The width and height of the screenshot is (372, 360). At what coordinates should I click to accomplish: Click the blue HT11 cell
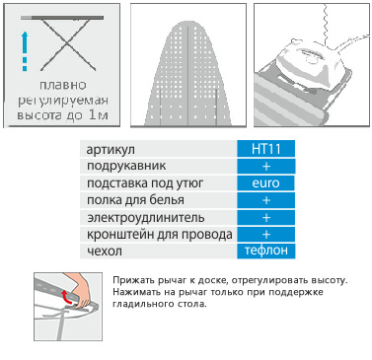click(265, 149)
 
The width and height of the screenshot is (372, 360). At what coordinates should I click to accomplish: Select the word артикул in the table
click(111, 149)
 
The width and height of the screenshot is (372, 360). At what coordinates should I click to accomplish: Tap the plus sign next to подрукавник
click(266, 167)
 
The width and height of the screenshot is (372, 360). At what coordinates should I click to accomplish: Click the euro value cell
click(265, 183)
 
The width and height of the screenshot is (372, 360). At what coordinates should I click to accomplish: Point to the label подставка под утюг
click(145, 183)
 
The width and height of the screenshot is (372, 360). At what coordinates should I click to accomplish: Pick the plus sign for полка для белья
click(266, 200)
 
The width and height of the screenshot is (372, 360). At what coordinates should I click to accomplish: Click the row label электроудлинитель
click(146, 218)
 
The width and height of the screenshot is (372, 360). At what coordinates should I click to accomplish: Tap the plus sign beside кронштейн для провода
click(266, 235)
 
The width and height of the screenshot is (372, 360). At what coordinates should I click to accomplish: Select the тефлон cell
click(265, 251)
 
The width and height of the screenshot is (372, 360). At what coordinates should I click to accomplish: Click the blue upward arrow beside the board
click(25, 51)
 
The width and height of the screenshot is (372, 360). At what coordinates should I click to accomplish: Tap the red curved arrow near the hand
click(67, 298)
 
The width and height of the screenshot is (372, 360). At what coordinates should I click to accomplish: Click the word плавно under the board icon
click(63, 85)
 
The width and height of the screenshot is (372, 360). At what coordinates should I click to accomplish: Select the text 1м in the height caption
click(99, 115)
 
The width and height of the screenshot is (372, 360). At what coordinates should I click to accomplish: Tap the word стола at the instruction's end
click(193, 303)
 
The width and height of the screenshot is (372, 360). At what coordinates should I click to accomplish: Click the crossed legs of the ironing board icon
click(67, 44)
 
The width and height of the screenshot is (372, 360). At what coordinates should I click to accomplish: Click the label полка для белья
click(135, 200)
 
